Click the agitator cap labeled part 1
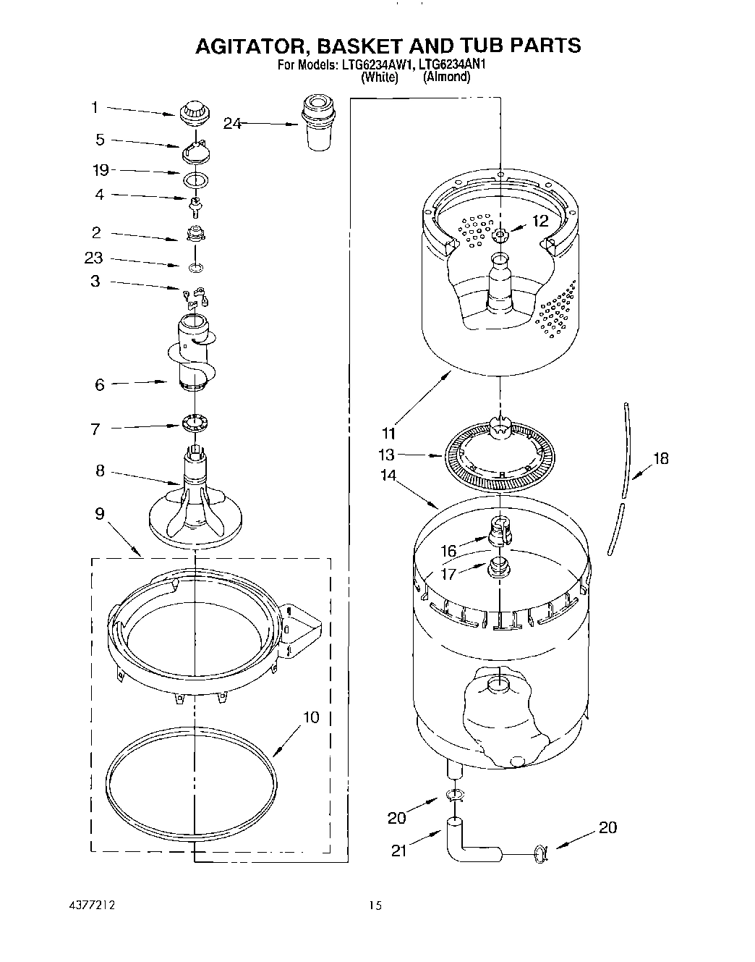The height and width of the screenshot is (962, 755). [195, 112]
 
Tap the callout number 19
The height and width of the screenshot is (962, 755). [101, 170]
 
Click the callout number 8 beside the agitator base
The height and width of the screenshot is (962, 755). [100, 471]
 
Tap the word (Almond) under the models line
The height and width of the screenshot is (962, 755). [446, 77]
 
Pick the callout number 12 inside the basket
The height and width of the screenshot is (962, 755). [540, 221]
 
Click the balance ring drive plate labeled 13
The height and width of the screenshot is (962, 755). [499, 457]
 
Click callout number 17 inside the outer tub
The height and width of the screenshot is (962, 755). [449, 574]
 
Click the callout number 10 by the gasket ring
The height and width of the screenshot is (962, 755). [310, 717]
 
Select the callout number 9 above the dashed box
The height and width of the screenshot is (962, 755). [99, 514]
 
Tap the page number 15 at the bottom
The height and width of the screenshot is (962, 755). [374, 906]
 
